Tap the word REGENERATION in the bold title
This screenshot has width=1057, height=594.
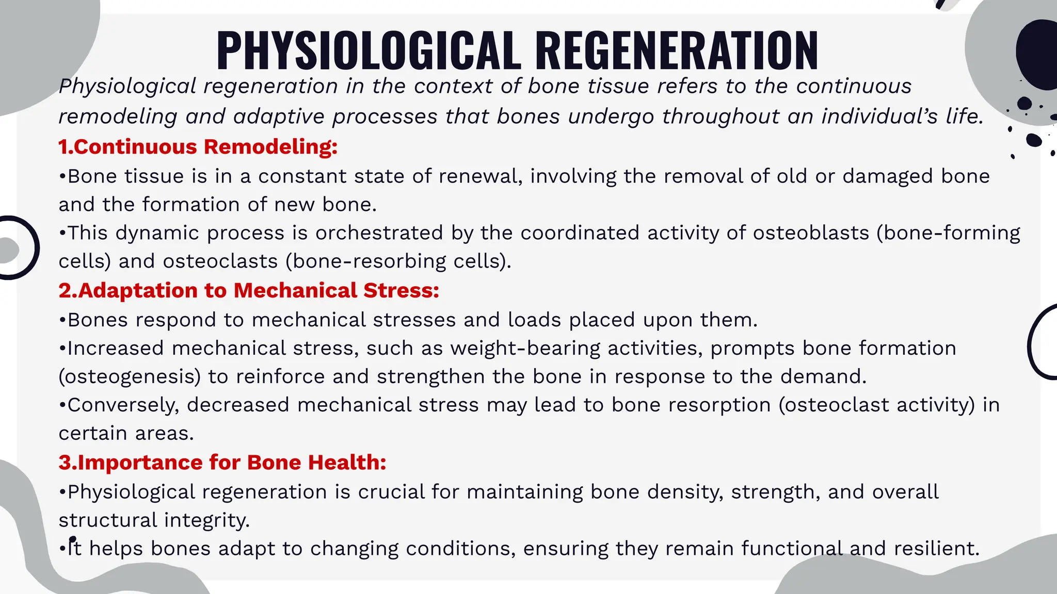pyautogui.click(x=676, y=51)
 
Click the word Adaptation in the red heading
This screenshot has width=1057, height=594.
pyautogui.click(x=137, y=290)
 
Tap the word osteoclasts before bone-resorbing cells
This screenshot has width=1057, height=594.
pyautogui.click(x=220, y=261)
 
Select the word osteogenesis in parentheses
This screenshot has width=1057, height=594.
pyautogui.click(x=130, y=376)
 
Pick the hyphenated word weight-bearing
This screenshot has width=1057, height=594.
pyautogui.click(x=525, y=348)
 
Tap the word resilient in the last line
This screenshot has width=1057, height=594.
pyautogui.click(x=936, y=548)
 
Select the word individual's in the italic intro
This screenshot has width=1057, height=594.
pyautogui.click(x=879, y=116)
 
